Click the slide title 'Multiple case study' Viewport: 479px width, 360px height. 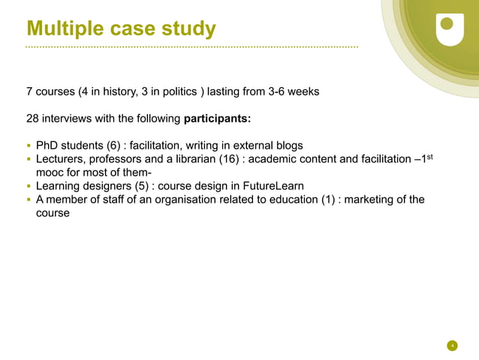coord(121,29)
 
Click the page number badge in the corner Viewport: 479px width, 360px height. coord(452,346)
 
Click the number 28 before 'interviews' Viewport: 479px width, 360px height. coord(33,119)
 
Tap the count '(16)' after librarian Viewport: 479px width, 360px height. coord(228,159)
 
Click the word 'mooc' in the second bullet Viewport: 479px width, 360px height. coord(50,173)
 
